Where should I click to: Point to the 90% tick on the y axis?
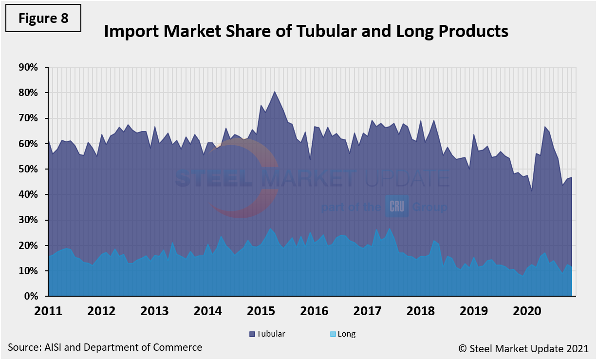pyautogui.click(x=27, y=67)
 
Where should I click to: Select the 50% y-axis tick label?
pyautogui.click(x=27, y=169)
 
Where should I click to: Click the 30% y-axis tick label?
pyautogui.click(x=27, y=220)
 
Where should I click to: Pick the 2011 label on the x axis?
pyautogui.click(x=48, y=310)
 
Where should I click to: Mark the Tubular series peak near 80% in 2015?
pyautogui.click(x=275, y=92)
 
